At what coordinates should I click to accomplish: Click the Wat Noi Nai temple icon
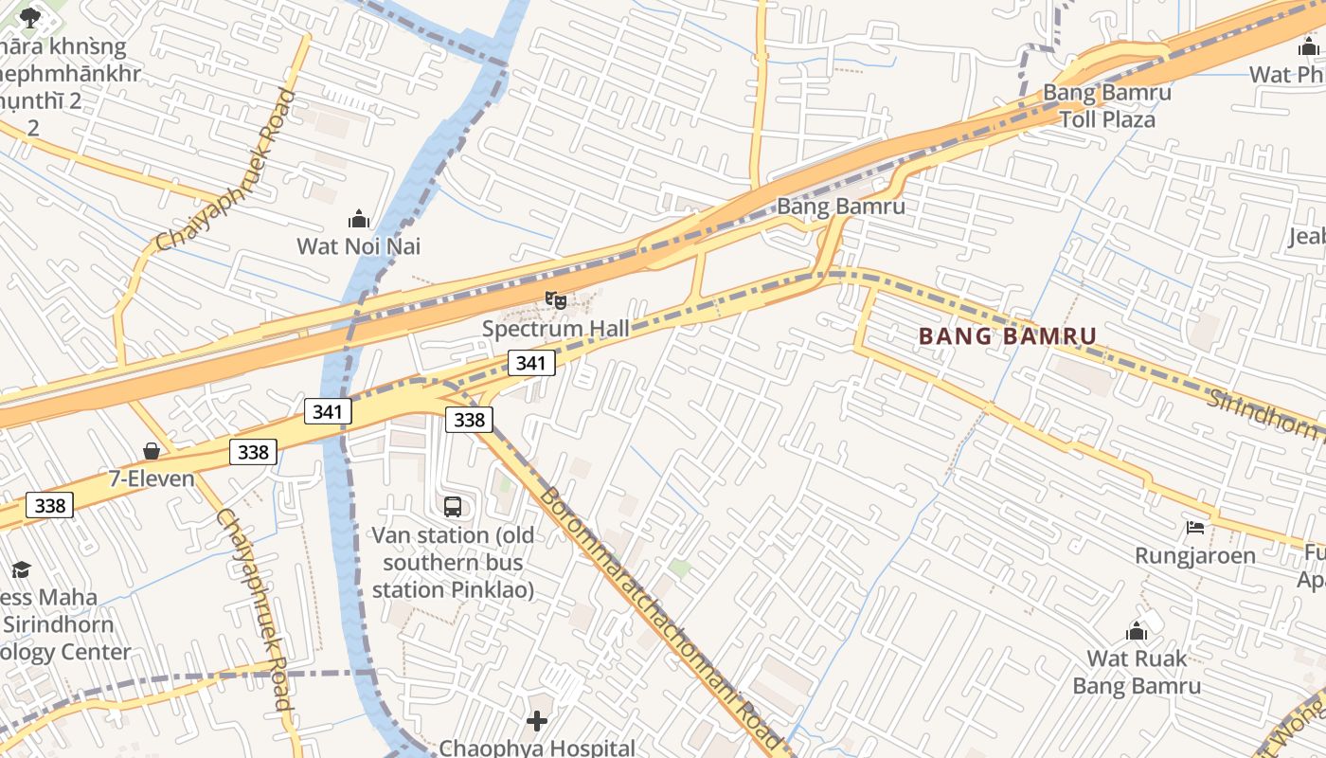coord(359,220)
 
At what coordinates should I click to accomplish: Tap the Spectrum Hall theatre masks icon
coord(556,300)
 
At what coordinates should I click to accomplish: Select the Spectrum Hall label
coord(556,329)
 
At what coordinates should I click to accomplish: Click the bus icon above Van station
coord(453,507)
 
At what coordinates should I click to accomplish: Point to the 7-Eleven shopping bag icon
coord(152,451)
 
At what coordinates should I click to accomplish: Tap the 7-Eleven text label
coord(152,478)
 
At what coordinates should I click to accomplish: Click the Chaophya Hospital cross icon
coord(537,722)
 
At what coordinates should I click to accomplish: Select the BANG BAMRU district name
coord(1008,335)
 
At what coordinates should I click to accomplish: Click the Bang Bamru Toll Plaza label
coord(1107,106)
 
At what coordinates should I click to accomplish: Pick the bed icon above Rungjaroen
coord(1195,527)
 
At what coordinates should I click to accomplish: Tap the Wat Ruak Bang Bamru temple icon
coord(1137,631)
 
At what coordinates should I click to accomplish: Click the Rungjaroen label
coord(1195,555)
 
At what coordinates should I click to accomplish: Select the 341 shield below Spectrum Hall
coord(530,363)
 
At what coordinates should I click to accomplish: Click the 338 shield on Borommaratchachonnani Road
coord(469,420)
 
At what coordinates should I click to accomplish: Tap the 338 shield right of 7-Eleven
coord(253,452)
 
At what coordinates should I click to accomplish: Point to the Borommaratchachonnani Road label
coord(660,621)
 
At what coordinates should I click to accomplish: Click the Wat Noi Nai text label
coord(359,246)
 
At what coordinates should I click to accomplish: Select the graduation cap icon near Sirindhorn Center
coord(21,569)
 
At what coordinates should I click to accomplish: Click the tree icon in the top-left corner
coord(30,16)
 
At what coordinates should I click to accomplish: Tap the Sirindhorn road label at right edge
coord(1264,411)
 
